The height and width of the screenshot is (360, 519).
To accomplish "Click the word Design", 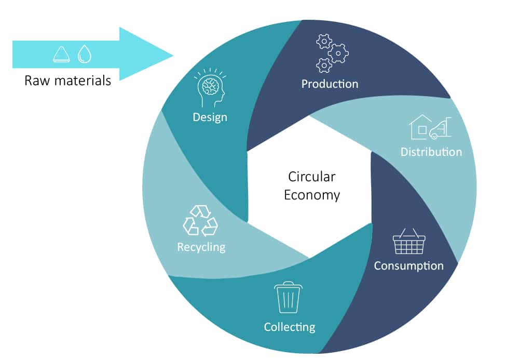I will pos(210,117).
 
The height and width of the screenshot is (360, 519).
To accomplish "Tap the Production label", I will pos(330,83).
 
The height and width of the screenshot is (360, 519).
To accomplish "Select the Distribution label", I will pos(431,152).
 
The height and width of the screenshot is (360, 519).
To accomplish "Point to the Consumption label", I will pos(408,265).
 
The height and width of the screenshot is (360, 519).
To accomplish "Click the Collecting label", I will pos(289,327).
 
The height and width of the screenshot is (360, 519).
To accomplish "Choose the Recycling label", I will pos(201,246).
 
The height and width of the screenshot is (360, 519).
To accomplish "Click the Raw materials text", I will pos(67,81).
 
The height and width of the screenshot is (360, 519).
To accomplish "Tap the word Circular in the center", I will pos(311,177).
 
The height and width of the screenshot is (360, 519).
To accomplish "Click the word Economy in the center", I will pos(311,195).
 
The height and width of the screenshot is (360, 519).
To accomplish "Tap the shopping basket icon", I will pos(409,242).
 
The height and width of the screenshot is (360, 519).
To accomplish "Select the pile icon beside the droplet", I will pos(62,54).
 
